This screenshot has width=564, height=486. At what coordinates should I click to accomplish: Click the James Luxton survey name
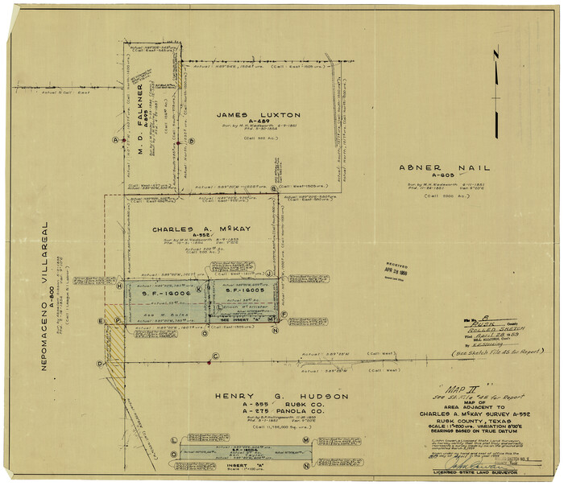pos(258,115)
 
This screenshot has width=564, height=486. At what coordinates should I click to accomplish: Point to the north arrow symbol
pos(498,76)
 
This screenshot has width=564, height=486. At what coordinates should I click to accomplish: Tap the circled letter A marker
pos(116,140)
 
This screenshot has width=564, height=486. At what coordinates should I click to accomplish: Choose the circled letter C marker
pos(215,356)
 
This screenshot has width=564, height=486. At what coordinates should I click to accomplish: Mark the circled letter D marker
pos(100,364)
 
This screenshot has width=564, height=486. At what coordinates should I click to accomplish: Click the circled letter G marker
pos(274,188)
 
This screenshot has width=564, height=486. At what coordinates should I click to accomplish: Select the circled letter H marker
pos(118,286)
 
